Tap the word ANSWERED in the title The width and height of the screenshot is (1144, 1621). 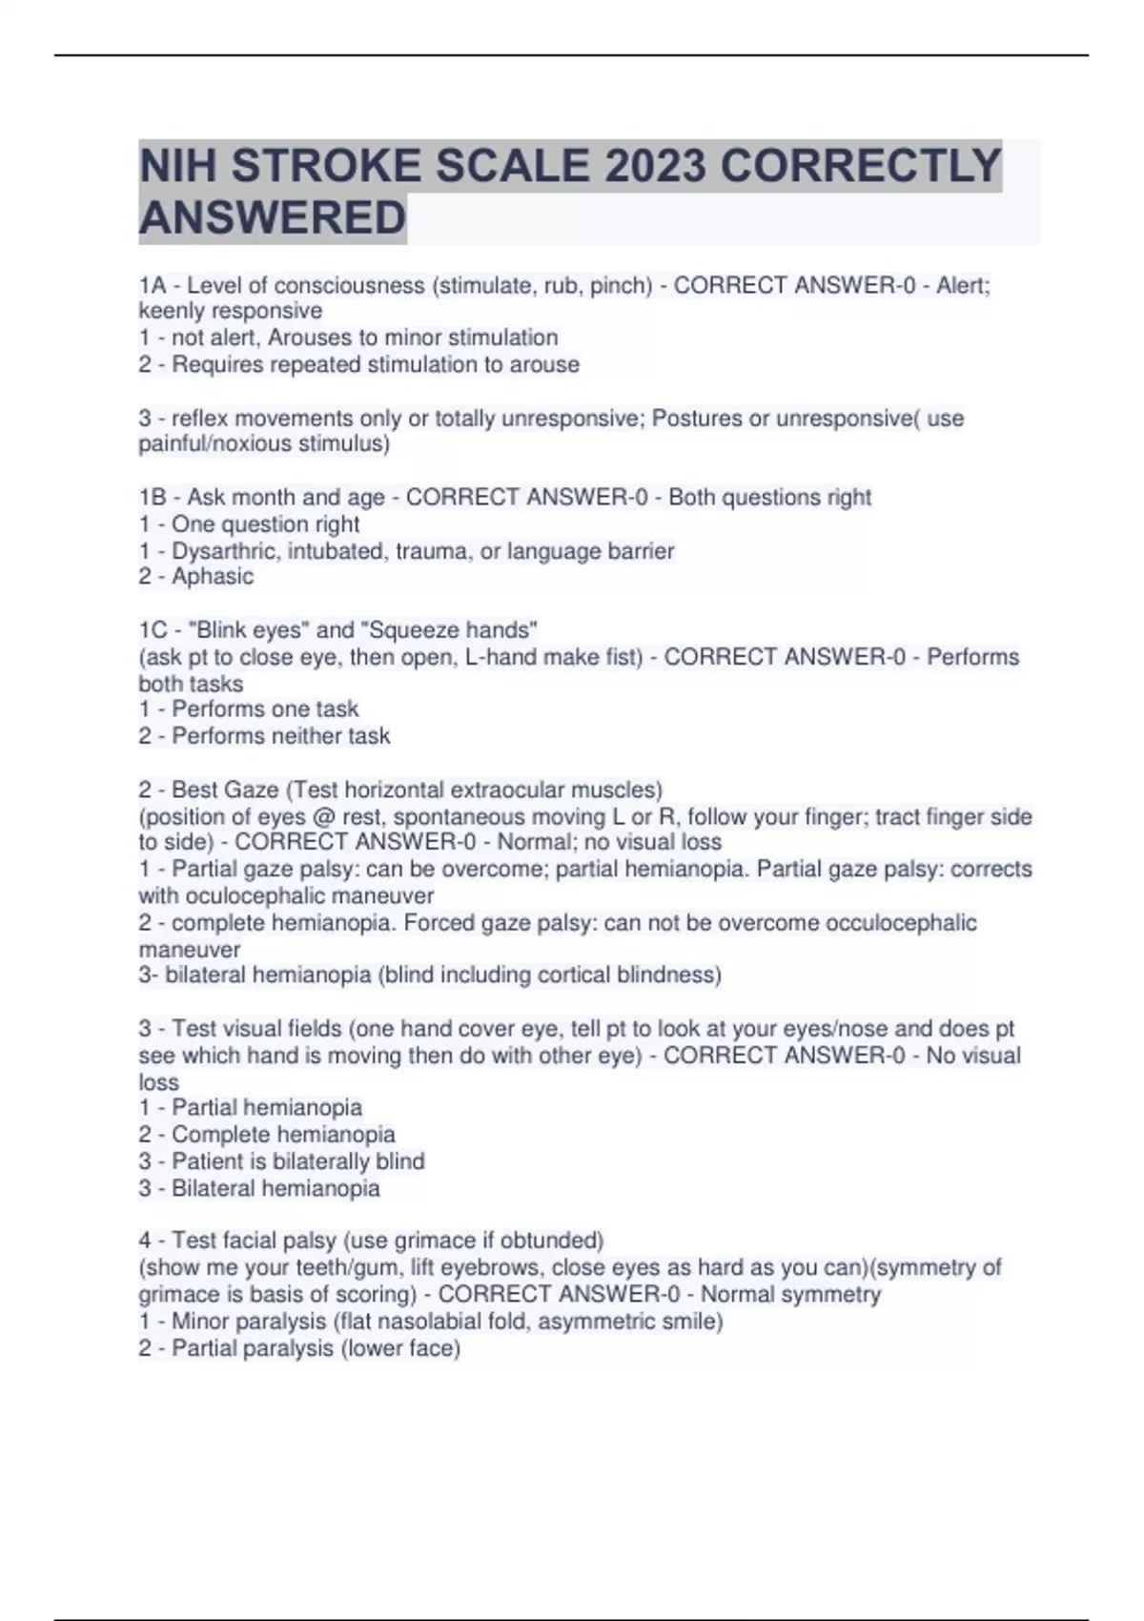coord(273,217)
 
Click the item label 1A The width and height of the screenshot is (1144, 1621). coord(153,285)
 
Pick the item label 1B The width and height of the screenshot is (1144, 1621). coord(153,497)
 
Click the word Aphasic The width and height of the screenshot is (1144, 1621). coord(213,577)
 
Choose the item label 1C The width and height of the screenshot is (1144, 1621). coord(153,630)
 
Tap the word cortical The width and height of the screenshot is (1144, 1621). coord(575,975)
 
